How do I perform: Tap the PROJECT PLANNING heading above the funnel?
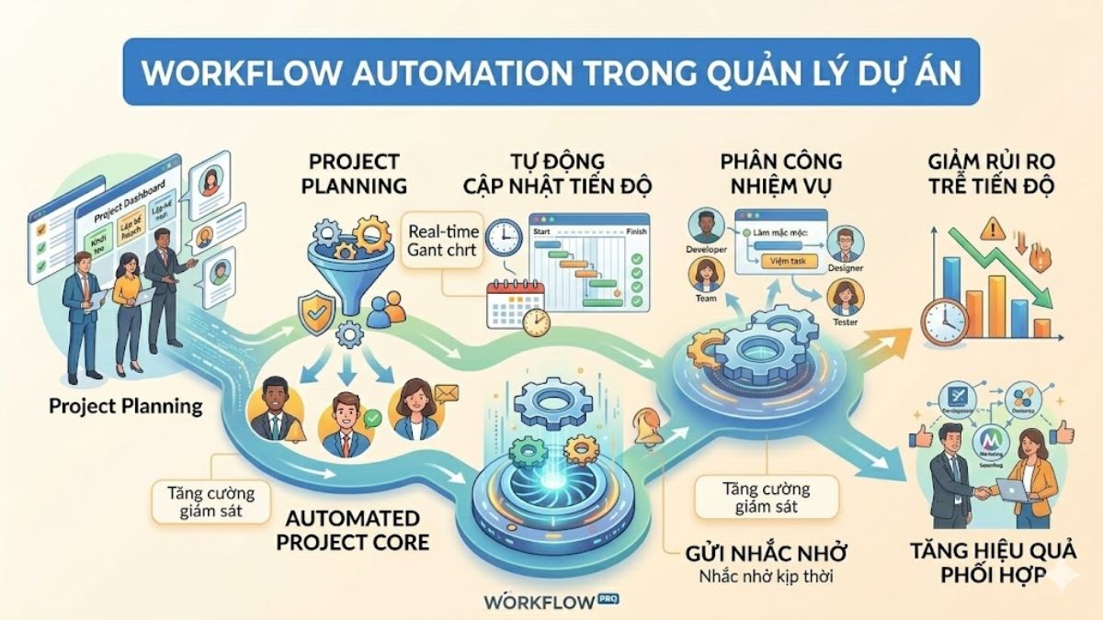358,172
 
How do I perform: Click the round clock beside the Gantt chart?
505,237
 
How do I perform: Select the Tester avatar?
844,298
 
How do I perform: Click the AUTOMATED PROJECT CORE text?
359,530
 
